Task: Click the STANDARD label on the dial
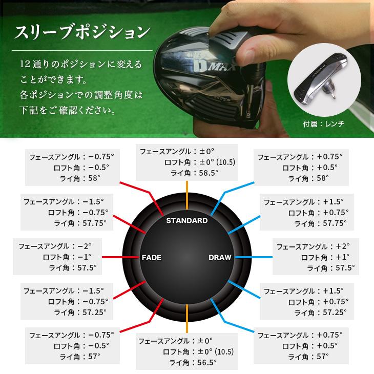coord(187,221)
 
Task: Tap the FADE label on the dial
coord(151,257)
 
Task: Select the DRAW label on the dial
coord(220,257)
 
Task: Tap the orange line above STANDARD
coord(188,197)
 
